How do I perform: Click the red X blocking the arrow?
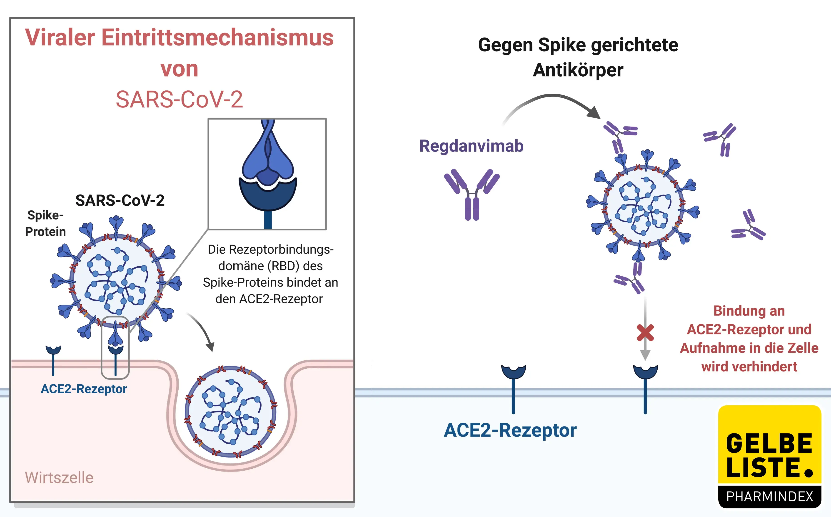[645, 333]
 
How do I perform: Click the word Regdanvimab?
[471, 146]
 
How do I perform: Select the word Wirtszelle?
[59, 477]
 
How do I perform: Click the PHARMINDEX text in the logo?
[769, 496]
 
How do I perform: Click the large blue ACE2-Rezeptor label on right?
[510, 430]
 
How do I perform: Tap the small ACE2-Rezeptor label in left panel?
[84, 389]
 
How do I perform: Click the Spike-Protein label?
[45, 223]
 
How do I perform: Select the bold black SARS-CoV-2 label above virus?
[120, 200]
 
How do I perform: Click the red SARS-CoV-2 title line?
[179, 100]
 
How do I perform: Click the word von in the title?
[179, 69]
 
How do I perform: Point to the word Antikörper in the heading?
[578, 70]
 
